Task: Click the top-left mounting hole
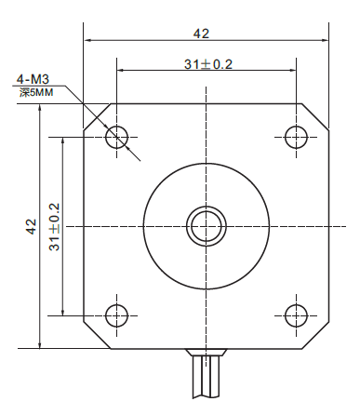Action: (x=116, y=138)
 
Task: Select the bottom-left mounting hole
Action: (x=116, y=315)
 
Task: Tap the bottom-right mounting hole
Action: (x=296, y=315)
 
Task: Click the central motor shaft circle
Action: (x=206, y=225)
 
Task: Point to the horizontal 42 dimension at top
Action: (x=201, y=33)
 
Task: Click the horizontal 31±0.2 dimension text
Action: (x=207, y=63)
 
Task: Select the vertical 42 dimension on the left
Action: (x=31, y=226)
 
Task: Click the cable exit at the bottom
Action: (x=206, y=377)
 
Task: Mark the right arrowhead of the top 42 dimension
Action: (x=325, y=41)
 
